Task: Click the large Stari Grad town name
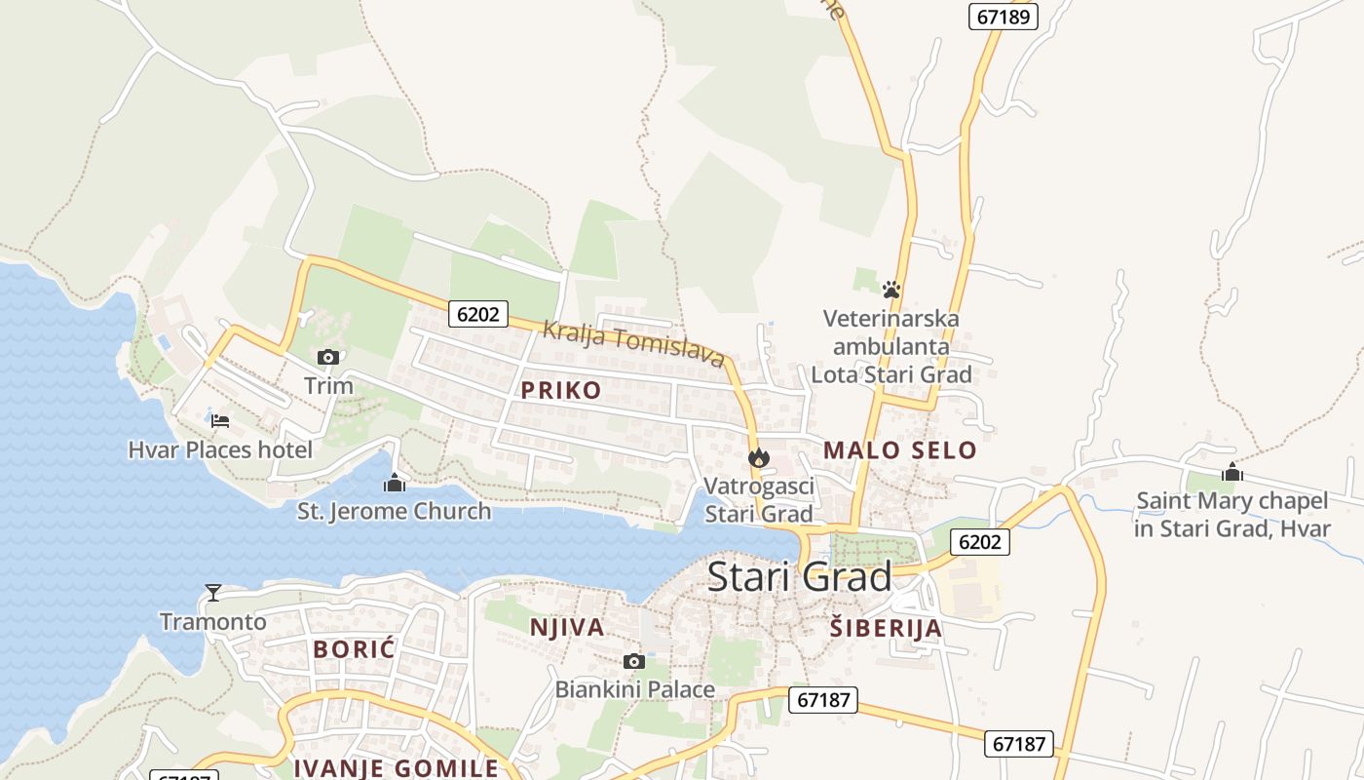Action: click(x=799, y=576)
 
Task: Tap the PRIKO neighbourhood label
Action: click(x=560, y=391)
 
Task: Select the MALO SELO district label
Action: click(x=899, y=450)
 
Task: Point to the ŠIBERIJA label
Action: click(x=886, y=629)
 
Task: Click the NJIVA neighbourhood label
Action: click(x=567, y=628)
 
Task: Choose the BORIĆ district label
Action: click(x=354, y=649)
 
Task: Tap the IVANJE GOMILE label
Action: click(x=396, y=768)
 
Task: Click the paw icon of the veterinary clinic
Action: click(x=890, y=290)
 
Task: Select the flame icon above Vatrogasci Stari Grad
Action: click(x=758, y=457)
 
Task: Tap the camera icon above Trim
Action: click(x=328, y=358)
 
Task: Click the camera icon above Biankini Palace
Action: click(x=634, y=662)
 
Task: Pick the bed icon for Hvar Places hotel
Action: click(x=220, y=421)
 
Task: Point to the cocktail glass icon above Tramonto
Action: click(x=213, y=593)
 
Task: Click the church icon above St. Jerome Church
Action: click(x=394, y=483)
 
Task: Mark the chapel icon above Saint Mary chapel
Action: click(x=1232, y=473)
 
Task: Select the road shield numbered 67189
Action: click(x=1004, y=17)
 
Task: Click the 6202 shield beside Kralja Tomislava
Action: click(x=478, y=313)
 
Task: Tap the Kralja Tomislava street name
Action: click(x=633, y=344)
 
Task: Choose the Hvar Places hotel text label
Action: click(x=220, y=450)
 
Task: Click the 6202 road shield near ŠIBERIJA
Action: click(x=979, y=542)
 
